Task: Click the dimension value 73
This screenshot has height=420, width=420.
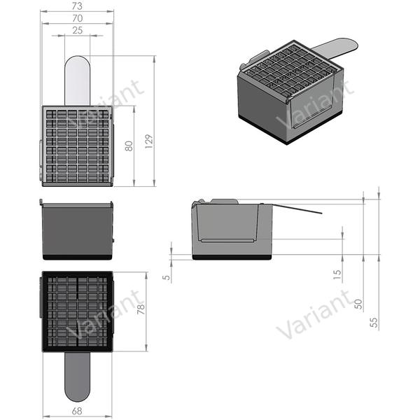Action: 77,6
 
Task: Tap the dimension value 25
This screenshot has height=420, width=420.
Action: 77,30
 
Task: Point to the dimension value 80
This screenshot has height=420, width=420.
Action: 128,147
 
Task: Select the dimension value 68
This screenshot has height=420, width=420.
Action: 77,411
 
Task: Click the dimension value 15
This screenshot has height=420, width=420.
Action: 337,275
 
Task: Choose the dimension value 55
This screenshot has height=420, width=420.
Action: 374,322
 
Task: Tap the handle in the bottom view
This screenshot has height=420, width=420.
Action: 77,374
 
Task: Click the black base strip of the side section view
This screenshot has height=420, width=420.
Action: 232,257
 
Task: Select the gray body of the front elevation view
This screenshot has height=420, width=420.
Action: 77,231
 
